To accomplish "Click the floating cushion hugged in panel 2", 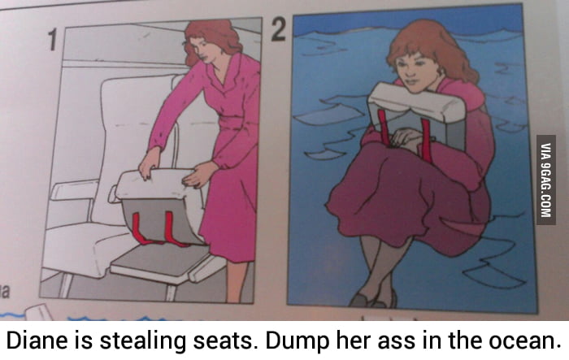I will pyautogui.click(x=415, y=114).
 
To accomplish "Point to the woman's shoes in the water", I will pyautogui.click(x=374, y=301).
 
